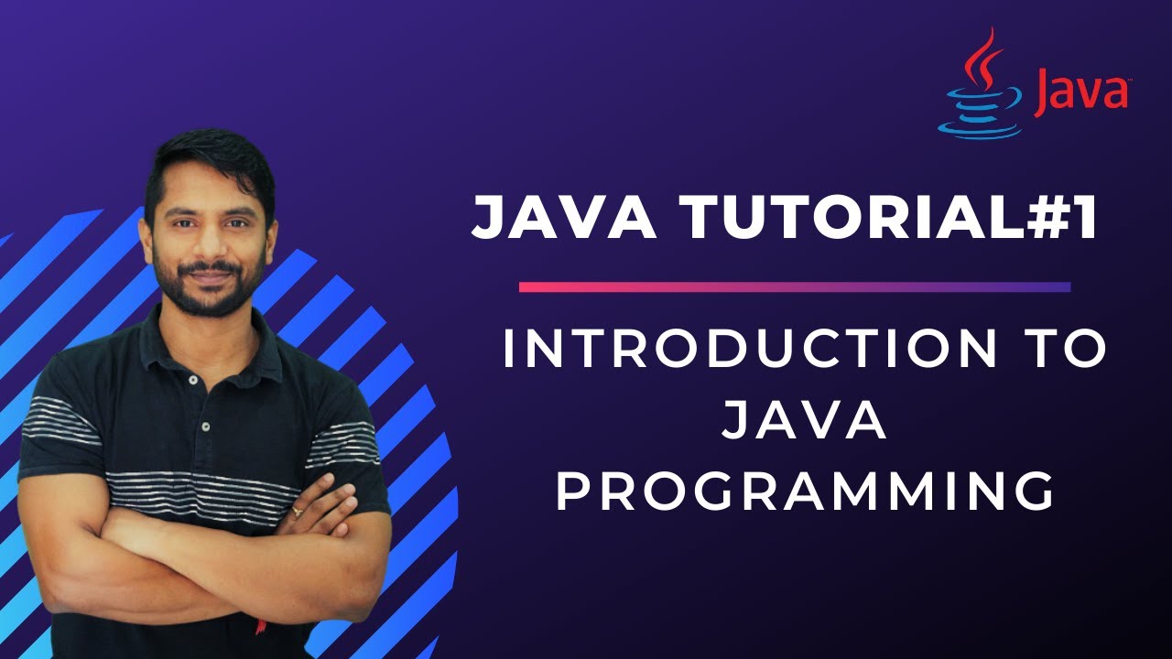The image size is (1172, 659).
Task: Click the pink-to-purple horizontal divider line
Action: point(795,287)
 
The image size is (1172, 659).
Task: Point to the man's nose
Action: point(210,247)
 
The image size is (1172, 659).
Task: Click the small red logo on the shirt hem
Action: point(261,627)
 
